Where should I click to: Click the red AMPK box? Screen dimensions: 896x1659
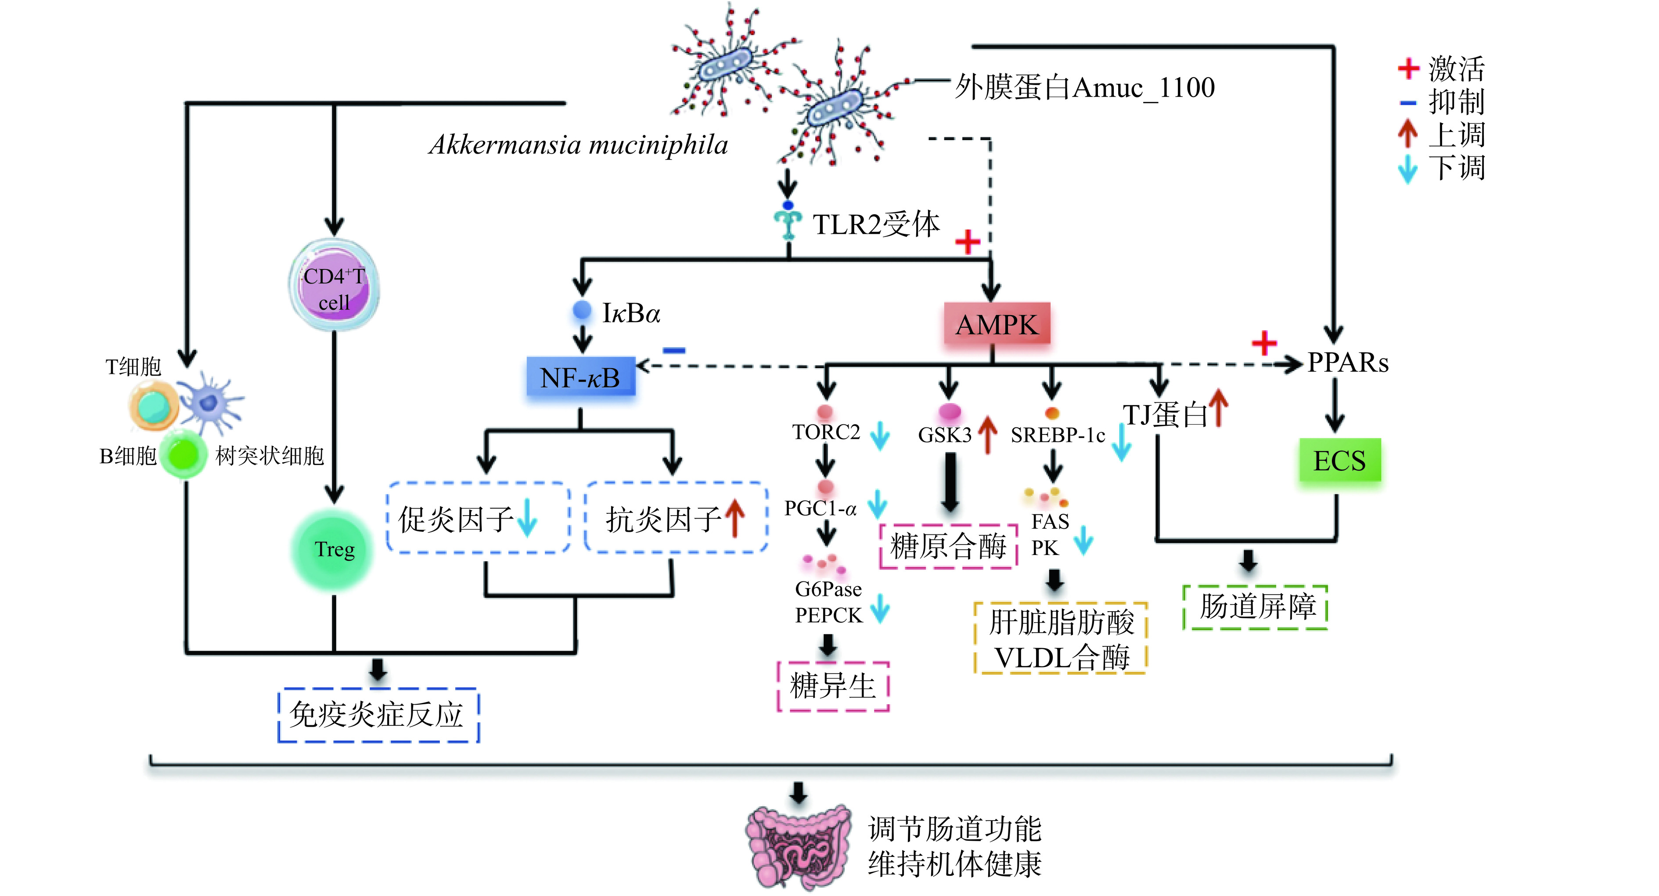pyautogui.click(x=996, y=324)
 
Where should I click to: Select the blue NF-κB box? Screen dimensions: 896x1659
pyautogui.click(x=581, y=377)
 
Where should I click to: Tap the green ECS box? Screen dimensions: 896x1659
pyautogui.click(x=1339, y=460)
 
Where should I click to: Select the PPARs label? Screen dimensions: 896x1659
pyautogui.click(x=1347, y=362)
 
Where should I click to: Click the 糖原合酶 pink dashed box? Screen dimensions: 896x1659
pyautogui.click(x=948, y=546)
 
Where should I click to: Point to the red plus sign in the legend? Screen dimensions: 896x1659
pyautogui.click(x=1408, y=68)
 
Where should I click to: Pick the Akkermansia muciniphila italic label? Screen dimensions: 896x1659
pyautogui.click(x=578, y=145)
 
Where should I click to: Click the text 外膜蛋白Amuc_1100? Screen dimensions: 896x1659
pyautogui.click(x=1084, y=87)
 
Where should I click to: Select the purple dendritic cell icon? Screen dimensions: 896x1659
pyautogui.click(x=209, y=403)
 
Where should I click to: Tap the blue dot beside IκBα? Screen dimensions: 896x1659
pyautogui.click(x=582, y=310)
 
